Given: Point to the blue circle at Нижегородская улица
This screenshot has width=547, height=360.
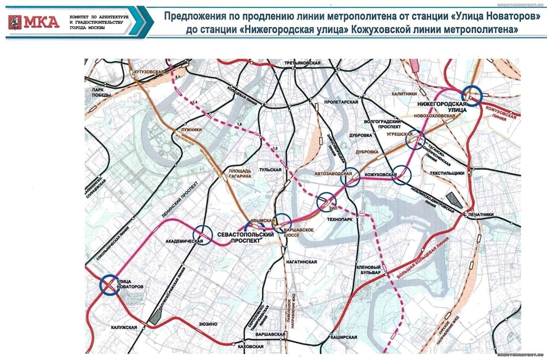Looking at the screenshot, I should click(471, 96).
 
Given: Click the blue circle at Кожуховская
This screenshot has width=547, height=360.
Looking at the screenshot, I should click(402, 175).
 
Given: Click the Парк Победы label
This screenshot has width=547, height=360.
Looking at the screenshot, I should click(99, 92).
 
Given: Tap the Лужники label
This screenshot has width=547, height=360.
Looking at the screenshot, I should click(191, 130).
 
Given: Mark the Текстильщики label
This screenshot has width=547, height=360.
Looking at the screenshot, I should click(447, 173).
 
